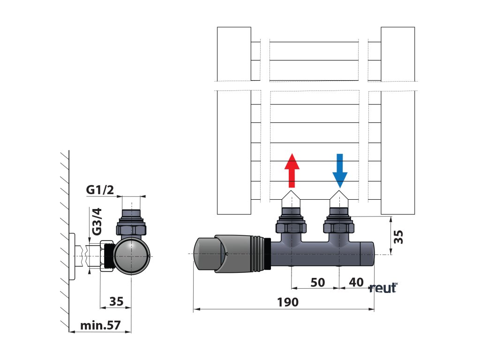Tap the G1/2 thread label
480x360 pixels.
tap(100, 190)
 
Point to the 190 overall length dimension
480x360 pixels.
tap(287, 302)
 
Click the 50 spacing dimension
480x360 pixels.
tap(317, 282)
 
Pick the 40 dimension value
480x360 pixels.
tap(356, 282)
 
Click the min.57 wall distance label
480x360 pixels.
tap(100, 325)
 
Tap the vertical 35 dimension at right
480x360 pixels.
tap(398, 236)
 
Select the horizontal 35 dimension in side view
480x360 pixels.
tap(116, 301)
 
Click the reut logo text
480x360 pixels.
tap(383, 288)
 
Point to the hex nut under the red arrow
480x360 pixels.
tap(292, 228)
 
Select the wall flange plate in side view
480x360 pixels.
tap(72, 256)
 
